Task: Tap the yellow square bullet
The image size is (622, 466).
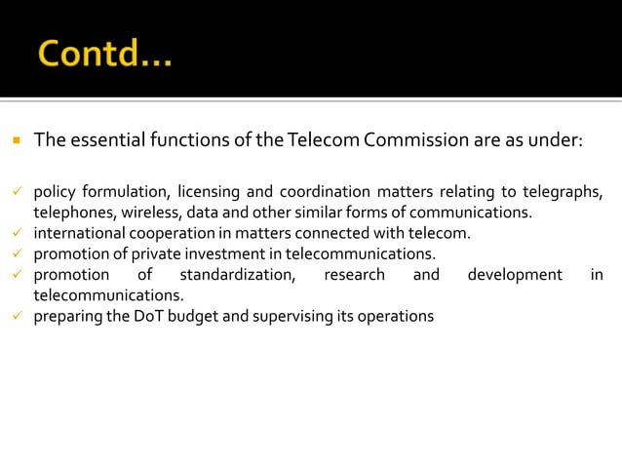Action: (x=17, y=140)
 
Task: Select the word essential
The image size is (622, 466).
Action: (x=108, y=139)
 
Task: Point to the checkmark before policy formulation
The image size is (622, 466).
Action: (x=17, y=191)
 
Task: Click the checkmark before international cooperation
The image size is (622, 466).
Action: (x=17, y=233)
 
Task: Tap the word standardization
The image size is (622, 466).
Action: (x=237, y=275)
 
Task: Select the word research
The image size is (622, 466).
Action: (x=354, y=275)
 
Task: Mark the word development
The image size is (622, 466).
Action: (x=514, y=275)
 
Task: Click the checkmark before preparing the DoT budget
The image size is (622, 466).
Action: (x=17, y=316)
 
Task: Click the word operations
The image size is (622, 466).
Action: (x=397, y=317)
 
